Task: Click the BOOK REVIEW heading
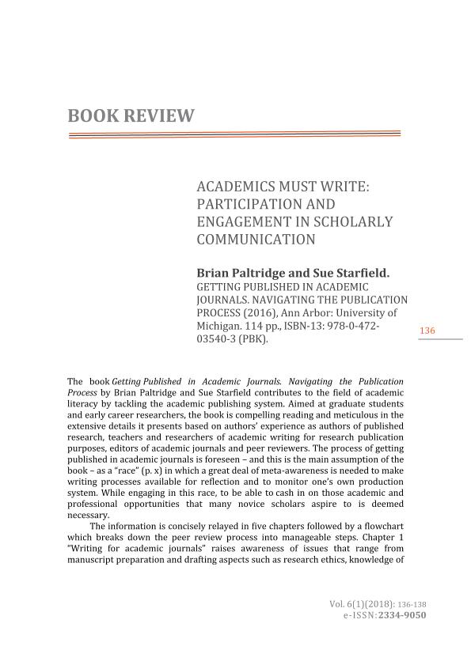coord(131,116)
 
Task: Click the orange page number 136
coord(427,330)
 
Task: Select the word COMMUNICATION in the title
coord(256,239)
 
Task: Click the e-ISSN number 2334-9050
coord(403,614)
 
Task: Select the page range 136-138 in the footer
coord(411,604)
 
